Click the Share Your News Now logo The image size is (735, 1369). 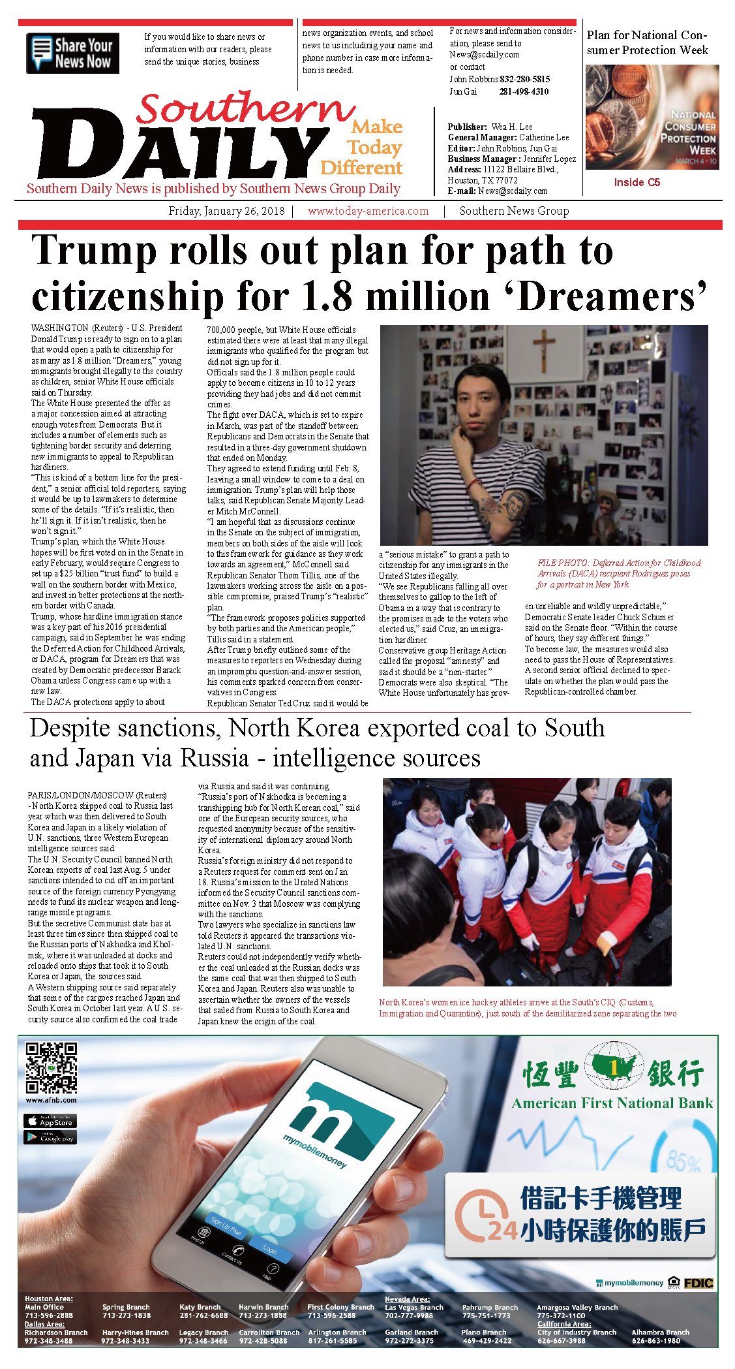72,53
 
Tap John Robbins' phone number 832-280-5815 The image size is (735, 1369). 524,79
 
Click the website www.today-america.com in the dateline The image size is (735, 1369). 368,211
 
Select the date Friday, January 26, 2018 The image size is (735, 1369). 226,211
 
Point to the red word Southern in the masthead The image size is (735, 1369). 245,108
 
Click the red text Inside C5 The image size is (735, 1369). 637,183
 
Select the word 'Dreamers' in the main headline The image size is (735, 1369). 612,298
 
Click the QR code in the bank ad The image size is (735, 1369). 51,1068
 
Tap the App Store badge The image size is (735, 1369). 50,1121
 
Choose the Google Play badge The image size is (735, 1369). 50,1137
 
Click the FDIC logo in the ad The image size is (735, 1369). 698,1283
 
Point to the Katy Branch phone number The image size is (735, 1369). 203,1315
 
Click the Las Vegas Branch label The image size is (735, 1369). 413,1308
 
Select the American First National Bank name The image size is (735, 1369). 612,1103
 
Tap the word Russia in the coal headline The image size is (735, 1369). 215,759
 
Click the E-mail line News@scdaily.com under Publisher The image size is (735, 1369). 497,191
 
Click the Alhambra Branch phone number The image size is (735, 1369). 655,1341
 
